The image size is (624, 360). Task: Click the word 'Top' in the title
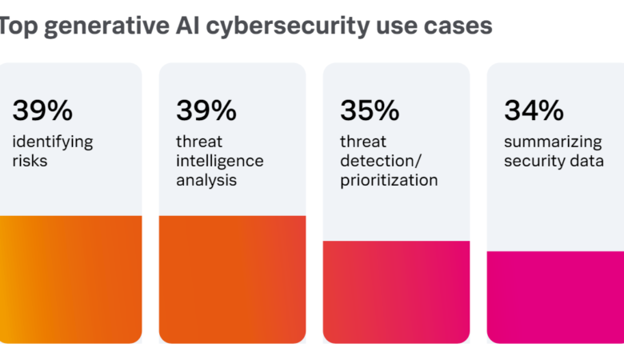tap(16, 26)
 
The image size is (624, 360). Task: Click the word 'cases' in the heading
tap(459, 26)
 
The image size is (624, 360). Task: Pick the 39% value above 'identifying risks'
tap(42, 110)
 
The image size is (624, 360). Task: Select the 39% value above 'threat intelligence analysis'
tap(206, 110)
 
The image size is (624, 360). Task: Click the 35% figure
tap(370, 110)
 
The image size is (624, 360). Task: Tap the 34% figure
tap(534, 110)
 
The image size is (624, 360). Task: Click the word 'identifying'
tap(53, 142)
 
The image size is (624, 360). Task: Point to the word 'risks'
tap(30, 160)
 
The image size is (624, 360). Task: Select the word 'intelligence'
tap(220, 161)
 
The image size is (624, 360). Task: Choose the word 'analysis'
tap(206, 180)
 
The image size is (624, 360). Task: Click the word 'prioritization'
tap(389, 180)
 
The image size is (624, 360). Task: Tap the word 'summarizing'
tap(553, 142)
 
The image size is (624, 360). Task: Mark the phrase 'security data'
tap(554, 161)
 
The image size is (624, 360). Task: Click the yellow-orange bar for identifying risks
tap(70, 279)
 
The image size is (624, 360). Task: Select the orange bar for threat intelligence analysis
tap(232, 279)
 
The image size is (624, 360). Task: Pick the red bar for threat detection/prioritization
tap(396, 292)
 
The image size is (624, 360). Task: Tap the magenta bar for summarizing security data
tap(556, 297)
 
